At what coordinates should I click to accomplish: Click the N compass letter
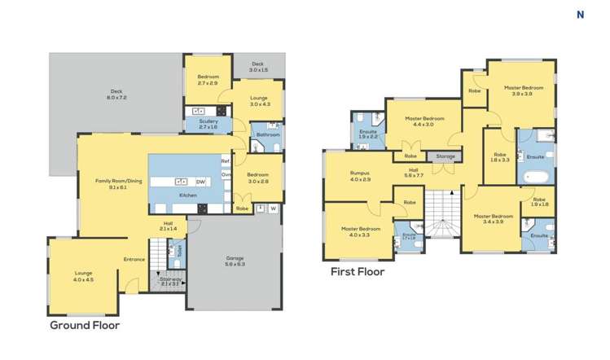[581, 14]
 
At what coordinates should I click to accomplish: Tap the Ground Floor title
[85, 325]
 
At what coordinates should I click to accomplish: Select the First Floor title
[357, 272]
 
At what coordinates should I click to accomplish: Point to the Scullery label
[208, 124]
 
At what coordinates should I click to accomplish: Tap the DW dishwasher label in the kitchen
[200, 182]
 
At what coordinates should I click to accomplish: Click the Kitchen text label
[188, 196]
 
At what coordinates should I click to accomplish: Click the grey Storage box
[445, 156]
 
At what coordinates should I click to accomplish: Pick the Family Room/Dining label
[112, 183]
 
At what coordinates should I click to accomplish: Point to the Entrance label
[134, 260]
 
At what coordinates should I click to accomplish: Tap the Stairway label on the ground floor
[170, 282]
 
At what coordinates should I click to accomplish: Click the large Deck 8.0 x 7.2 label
[116, 94]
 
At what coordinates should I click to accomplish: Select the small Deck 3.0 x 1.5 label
[257, 67]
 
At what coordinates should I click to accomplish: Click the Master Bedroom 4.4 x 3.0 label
[423, 121]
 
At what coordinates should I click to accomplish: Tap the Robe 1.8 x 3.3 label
[499, 157]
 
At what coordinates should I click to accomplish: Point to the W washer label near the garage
[274, 209]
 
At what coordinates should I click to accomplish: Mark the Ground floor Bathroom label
[266, 134]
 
